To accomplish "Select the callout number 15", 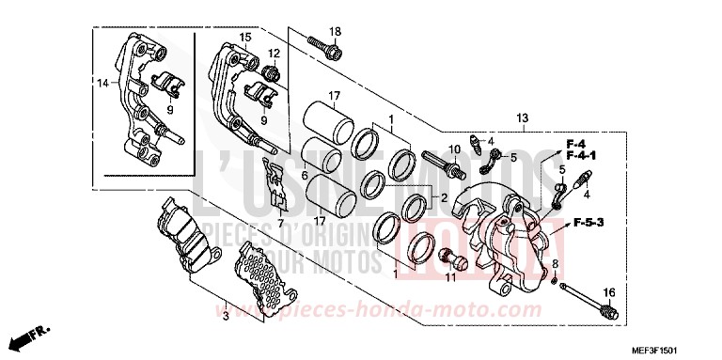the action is [x=244, y=37].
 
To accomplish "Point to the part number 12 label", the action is [x=274, y=53].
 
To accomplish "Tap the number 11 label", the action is [x=450, y=278].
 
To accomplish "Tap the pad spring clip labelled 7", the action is [x=275, y=184].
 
